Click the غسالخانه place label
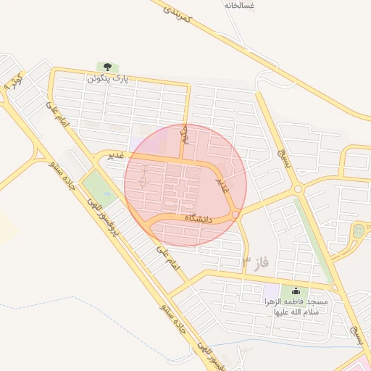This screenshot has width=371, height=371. point(240,5)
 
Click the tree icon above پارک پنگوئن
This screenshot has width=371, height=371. point(107,67)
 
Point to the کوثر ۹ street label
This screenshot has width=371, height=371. point(13,80)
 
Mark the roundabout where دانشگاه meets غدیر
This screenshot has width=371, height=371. point(235,214)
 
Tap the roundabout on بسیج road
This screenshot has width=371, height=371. point(297,190)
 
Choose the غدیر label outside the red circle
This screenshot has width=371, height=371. point(116,155)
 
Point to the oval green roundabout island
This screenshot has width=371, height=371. point(357,232)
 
